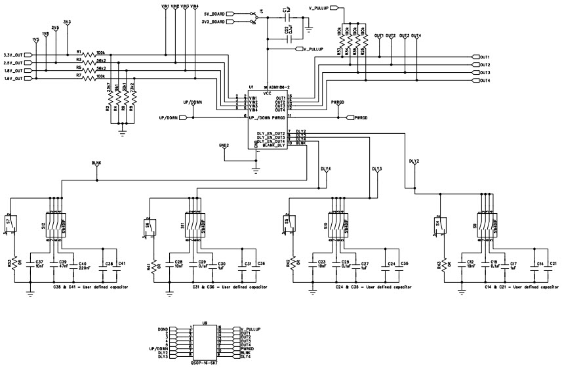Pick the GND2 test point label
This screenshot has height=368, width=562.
click(x=224, y=146)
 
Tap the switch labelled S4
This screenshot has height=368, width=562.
click(x=444, y=224)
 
